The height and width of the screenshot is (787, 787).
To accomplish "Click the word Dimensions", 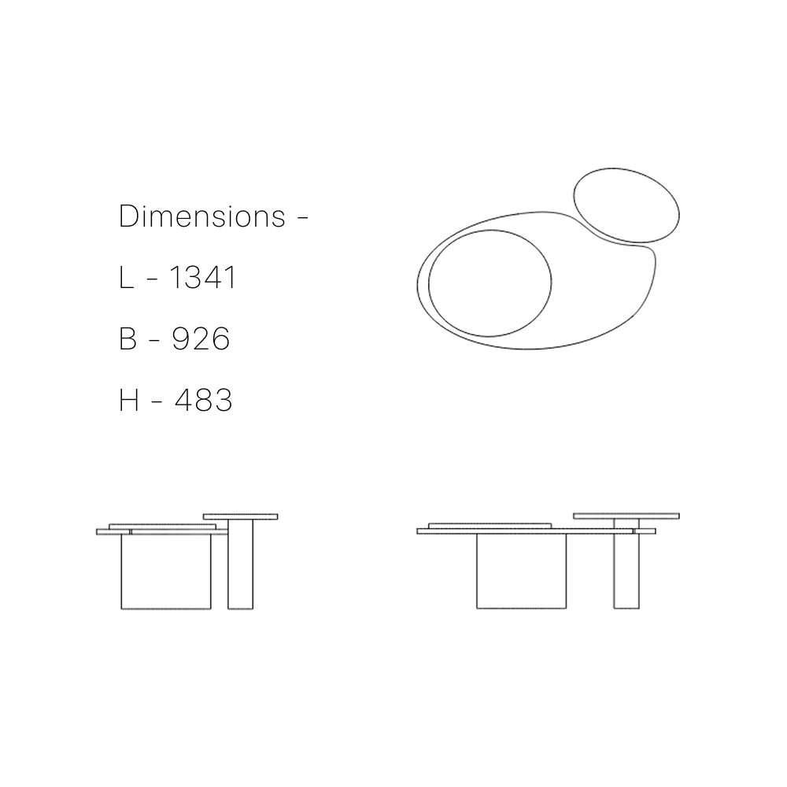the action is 202,216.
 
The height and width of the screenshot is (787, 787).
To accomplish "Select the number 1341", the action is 203,278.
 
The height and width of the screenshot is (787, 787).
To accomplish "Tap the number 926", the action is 201,338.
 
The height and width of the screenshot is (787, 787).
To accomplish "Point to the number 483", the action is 203,400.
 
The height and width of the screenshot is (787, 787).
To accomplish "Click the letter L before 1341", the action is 127,278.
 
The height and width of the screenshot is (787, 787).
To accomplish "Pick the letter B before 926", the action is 128,338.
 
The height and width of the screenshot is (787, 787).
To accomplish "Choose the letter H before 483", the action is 129,400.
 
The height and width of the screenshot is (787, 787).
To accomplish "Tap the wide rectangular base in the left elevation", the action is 166,571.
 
